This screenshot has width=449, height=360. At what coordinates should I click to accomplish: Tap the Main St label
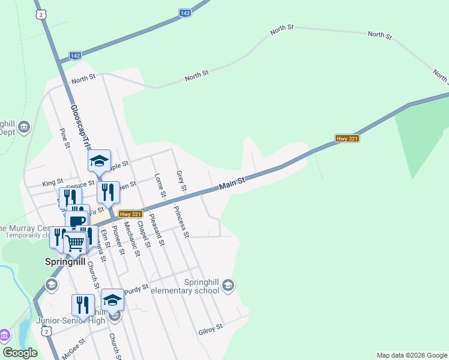coord(232,184)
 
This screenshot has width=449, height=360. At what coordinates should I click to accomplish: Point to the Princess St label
coord(182,221)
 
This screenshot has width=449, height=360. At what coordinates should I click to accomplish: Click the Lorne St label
coord(160,186)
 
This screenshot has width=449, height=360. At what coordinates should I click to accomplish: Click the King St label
coord(53,182)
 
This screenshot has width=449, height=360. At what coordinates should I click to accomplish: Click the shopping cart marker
coord(75,243)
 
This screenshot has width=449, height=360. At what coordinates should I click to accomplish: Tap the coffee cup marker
coord(77,221)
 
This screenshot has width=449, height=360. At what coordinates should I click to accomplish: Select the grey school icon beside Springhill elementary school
coord(228,284)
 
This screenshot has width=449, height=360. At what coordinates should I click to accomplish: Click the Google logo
coord(20,352)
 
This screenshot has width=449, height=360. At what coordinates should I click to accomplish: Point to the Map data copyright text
coord(411,355)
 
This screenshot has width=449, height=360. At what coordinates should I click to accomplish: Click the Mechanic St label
coord(131,239)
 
